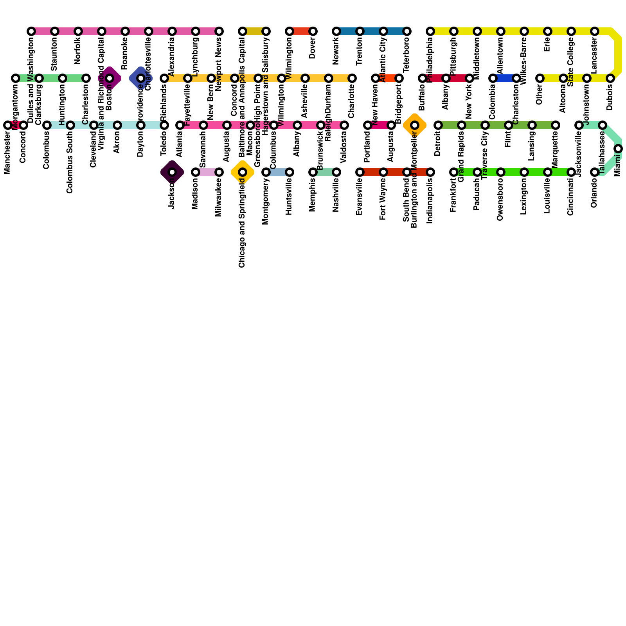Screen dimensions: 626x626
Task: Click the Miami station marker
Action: [618, 149]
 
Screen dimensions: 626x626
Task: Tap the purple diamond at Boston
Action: [110, 78]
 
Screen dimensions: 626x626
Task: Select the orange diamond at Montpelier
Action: [415, 125]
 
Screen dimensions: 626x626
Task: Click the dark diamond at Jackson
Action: [172, 172]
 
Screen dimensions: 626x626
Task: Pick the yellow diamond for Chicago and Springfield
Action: [243, 172]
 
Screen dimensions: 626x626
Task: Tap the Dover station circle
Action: [313, 31]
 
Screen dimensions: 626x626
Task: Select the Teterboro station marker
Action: [407, 31]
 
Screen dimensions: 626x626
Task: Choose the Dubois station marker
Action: [610, 78]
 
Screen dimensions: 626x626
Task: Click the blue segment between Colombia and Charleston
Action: [505, 78]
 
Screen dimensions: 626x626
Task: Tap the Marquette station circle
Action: [556, 125]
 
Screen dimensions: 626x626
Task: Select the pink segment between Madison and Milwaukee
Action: [207, 172]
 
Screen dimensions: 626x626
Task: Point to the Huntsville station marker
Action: [290, 172]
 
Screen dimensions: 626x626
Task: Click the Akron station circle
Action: [117, 125]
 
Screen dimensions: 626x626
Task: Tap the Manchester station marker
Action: [8, 125]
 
